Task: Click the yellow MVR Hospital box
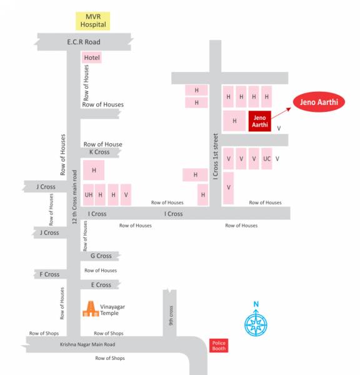tap(92, 21)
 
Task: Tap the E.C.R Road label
tap(84, 42)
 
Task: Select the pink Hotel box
tap(92, 58)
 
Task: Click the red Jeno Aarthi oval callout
tap(319, 101)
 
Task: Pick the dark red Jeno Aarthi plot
tap(259, 121)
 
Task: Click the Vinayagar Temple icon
tap(91, 309)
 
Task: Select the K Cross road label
tap(99, 152)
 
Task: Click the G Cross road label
tap(101, 256)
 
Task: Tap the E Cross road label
tap(101, 285)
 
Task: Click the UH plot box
tap(88, 194)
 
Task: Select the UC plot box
tap(267, 159)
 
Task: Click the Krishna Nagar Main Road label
tap(87, 344)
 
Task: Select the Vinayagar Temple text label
tap(114, 309)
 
